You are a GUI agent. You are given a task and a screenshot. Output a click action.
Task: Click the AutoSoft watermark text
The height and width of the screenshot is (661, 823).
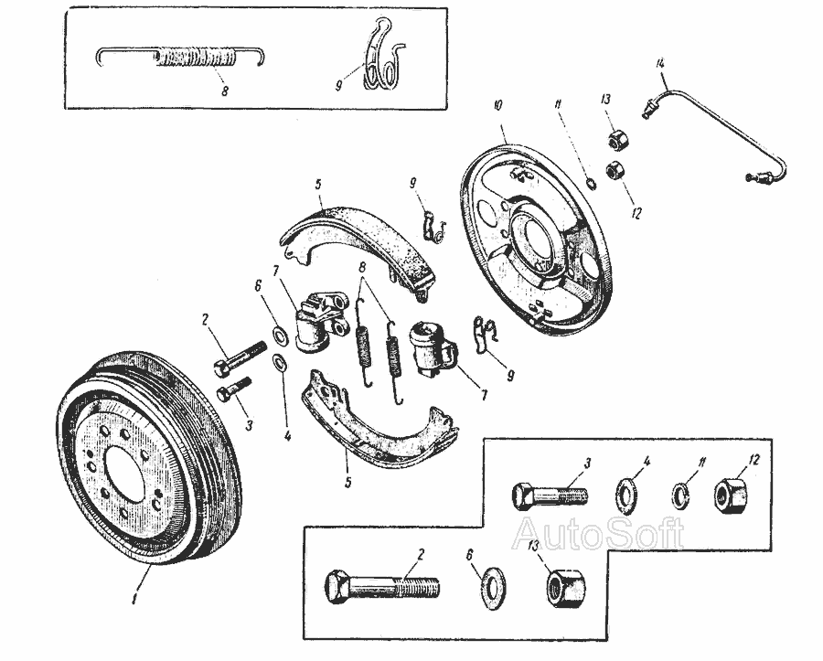click(599, 533)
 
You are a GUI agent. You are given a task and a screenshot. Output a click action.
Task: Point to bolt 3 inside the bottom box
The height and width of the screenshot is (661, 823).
click(549, 497)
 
